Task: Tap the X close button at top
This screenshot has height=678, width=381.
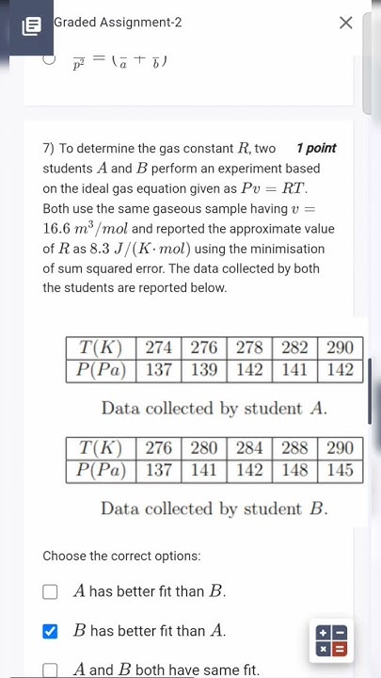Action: point(345,23)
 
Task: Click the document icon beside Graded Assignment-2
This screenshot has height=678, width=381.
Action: point(32,25)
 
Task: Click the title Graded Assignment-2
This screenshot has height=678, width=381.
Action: point(104,22)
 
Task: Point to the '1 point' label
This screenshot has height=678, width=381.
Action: point(315,148)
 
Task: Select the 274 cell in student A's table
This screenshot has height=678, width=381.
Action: point(159,347)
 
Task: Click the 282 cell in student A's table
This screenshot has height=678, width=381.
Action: point(294,347)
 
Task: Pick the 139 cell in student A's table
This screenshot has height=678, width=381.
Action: point(204,370)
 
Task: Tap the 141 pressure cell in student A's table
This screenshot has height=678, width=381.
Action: point(294,370)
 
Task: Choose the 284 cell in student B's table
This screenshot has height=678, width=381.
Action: point(249,447)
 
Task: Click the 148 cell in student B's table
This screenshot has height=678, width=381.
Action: point(294,470)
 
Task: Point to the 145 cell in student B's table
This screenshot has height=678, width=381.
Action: point(340,470)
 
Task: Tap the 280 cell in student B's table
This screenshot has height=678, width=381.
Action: point(204,447)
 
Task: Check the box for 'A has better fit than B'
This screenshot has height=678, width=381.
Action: point(51,592)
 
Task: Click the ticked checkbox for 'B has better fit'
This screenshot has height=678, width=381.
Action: point(51,631)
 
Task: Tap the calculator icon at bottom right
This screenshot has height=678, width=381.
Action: point(331,641)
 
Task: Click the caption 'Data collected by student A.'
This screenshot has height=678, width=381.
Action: point(214,409)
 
